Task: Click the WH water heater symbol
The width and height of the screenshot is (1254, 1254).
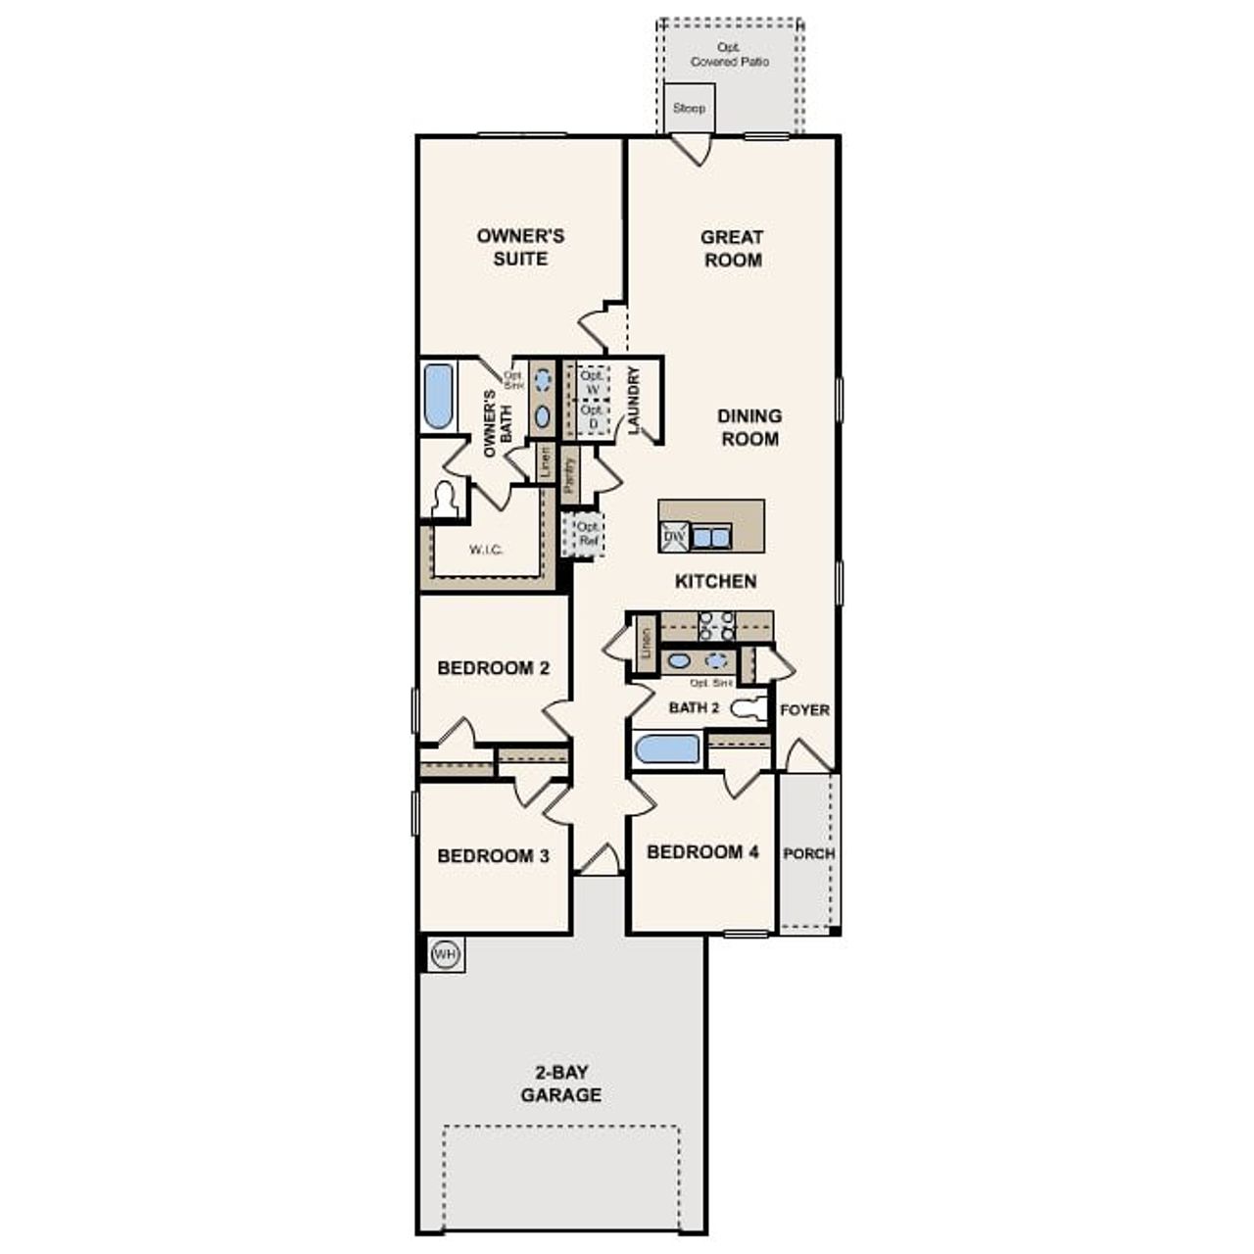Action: point(445,954)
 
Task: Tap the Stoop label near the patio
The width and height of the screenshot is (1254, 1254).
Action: point(689,108)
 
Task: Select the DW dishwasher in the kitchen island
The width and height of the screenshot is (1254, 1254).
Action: point(674,537)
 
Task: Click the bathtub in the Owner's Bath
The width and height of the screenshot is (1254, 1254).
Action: point(438,397)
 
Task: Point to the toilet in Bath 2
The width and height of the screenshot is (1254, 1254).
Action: point(750,708)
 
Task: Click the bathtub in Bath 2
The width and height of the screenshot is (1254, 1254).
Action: point(667,750)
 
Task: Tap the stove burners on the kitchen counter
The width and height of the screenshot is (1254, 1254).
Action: point(716,625)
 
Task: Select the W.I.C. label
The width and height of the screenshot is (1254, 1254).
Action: point(486,550)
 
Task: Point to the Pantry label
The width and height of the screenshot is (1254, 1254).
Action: point(570,473)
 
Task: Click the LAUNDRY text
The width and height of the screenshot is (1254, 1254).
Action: point(633,400)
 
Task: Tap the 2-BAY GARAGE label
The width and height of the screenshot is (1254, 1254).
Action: point(561,1084)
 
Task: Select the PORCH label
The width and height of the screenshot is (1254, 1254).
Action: point(809,853)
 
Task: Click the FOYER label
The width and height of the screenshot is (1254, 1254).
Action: point(804,710)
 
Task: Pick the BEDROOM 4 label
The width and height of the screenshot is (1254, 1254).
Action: point(702,852)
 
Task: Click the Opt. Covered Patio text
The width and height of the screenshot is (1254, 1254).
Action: point(730,55)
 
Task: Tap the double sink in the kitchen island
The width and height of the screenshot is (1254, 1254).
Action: point(710,537)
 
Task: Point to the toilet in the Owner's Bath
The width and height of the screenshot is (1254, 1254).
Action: point(446,501)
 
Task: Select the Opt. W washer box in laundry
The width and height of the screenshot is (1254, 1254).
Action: point(591,383)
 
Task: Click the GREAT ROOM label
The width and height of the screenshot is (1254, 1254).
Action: point(732,249)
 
